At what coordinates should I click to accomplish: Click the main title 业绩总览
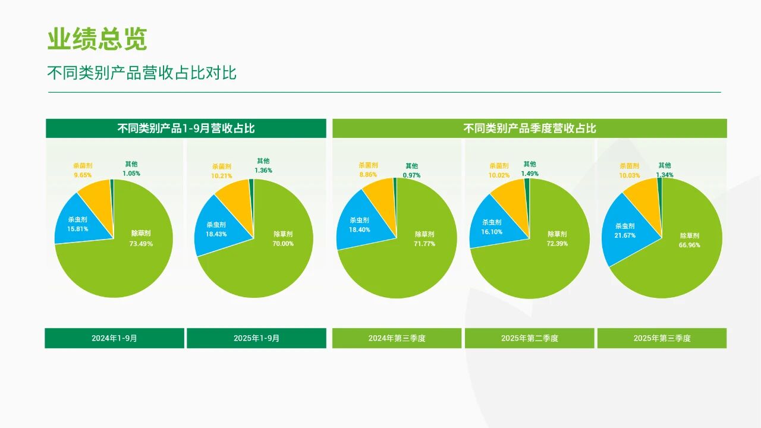[97, 40]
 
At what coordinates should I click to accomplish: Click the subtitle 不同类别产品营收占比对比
[141, 73]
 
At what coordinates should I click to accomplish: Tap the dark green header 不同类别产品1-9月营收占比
[186, 128]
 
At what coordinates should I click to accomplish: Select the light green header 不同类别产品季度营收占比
[529, 128]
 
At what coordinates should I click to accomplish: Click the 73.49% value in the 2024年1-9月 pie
[141, 244]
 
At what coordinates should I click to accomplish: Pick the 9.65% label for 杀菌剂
[83, 175]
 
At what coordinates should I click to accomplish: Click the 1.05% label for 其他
[131, 174]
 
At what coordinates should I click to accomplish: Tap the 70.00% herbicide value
[283, 244]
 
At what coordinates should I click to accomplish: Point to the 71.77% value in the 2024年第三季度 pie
[424, 244]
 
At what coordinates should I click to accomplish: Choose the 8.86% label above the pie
[368, 175]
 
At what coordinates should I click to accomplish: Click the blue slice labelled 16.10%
[491, 228]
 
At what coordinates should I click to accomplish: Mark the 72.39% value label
[557, 244]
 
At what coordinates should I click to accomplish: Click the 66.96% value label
[690, 245]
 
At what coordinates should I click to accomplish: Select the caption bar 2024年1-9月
[114, 338]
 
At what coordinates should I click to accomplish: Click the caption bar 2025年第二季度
[529, 338]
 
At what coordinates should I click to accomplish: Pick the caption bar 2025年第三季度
[662, 338]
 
